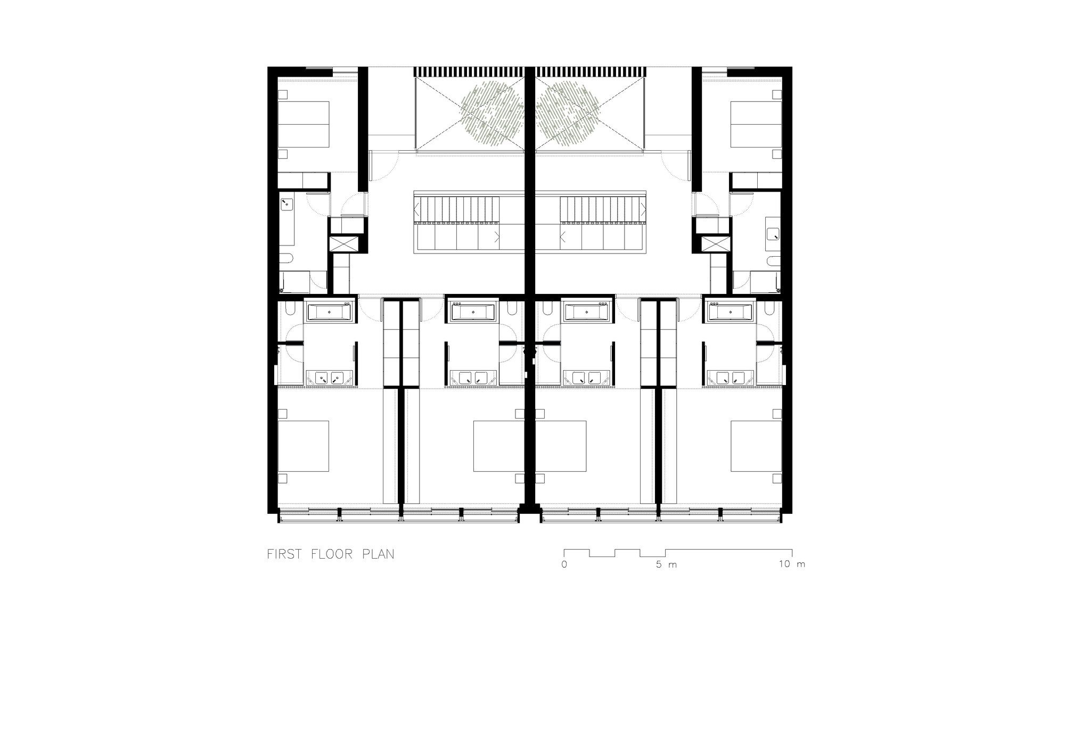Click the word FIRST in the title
tap(283, 554)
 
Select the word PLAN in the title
tap(378, 554)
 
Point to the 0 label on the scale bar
tap(564, 564)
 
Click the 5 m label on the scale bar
tap(666, 564)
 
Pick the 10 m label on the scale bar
tap(792, 564)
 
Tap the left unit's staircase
tap(458, 222)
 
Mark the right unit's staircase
tap(602, 222)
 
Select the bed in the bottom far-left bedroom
tap(303, 446)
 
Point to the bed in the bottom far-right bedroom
tap(756, 446)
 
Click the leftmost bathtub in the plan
tap(328, 312)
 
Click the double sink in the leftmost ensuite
tap(328, 378)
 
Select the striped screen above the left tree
tap(469, 72)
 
